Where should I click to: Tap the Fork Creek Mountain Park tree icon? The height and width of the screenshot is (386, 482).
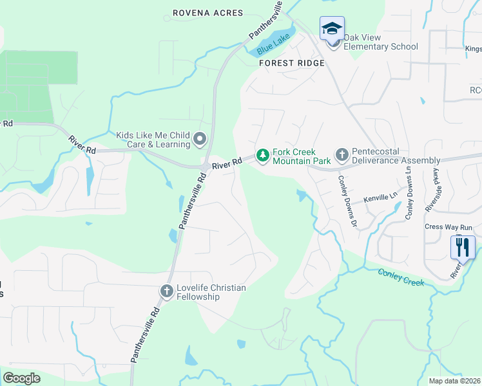[262, 155]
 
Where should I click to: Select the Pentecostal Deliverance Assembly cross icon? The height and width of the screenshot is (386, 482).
[342, 155]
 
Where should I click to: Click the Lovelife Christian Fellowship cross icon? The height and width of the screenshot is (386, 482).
[166, 292]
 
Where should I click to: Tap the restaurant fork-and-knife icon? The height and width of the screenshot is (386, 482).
[463, 247]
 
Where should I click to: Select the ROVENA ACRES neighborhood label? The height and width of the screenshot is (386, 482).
[207, 13]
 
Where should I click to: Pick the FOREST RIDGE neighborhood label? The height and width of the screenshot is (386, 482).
[291, 64]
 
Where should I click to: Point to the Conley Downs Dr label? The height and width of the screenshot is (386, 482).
[347, 201]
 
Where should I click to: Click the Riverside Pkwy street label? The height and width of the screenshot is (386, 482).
[434, 189]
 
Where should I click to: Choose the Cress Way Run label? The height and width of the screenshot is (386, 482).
[448, 227]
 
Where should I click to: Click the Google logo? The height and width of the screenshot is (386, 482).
[21, 378]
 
